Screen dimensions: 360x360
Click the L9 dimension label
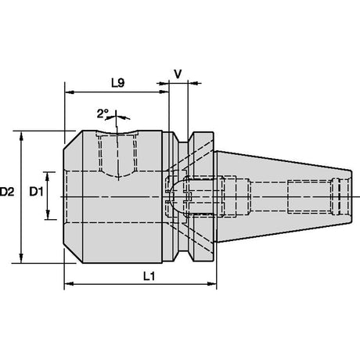point(118,83)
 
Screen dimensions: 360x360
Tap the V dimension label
point(178,74)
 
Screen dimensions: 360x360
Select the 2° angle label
point(103,113)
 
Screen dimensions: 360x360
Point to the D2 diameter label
point(7,192)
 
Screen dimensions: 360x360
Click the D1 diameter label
point(36,192)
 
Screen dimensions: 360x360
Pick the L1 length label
point(149,276)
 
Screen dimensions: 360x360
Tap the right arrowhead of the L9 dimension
point(164,92)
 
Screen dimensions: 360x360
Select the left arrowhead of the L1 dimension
point(69,283)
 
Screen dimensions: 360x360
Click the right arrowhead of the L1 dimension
point(212,283)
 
